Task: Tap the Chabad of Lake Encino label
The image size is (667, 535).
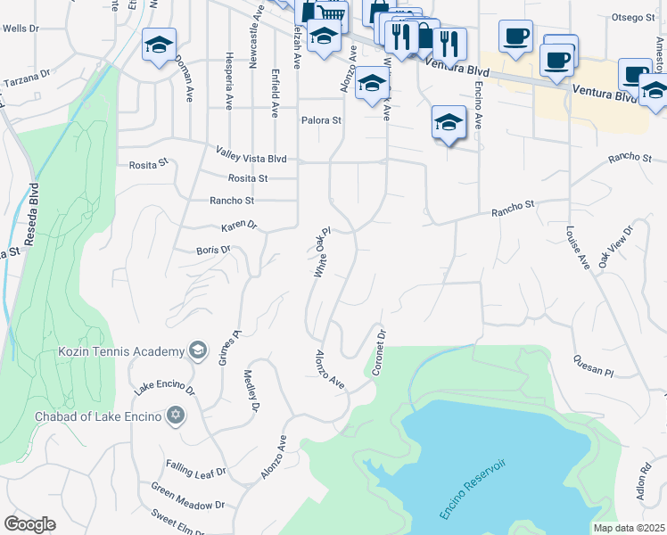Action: (x=98, y=416)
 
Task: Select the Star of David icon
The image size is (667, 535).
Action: (x=176, y=416)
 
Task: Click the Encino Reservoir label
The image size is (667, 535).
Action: (x=473, y=490)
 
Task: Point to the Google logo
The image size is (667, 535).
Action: (x=29, y=524)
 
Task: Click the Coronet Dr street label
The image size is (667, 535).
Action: (x=378, y=352)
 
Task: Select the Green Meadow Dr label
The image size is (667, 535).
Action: (x=187, y=497)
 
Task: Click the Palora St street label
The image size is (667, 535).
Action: (x=321, y=120)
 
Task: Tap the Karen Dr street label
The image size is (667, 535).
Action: (x=239, y=226)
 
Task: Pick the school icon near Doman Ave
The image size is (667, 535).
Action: (x=159, y=45)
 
